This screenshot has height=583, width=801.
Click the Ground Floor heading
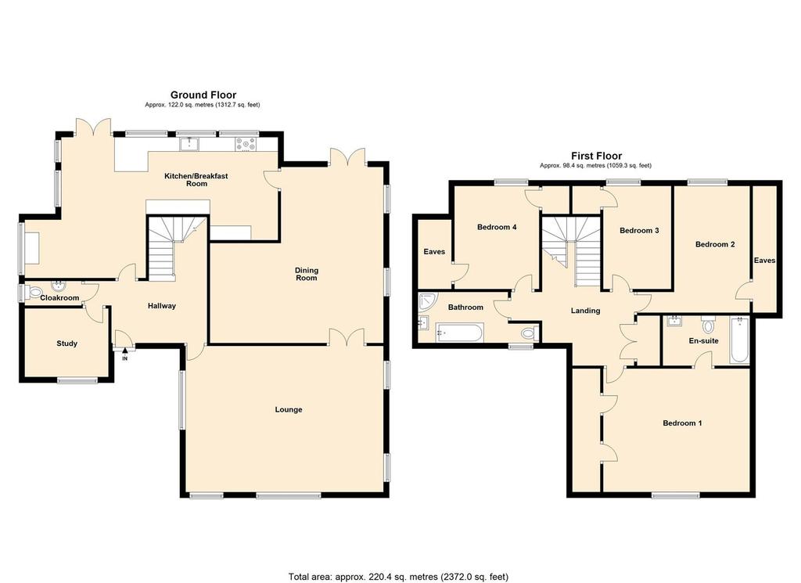pyautogui.click(x=203, y=95)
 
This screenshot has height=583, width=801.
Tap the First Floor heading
pyautogui.click(x=597, y=156)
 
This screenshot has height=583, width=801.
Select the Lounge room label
pyautogui.click(x=289, y=409)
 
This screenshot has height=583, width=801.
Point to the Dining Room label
pyautogui.click(x=307, y=274)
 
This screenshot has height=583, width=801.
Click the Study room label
pyautogui.click(x=67, y=344)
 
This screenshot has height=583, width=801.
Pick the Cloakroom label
pyautogui.click(x=59, y=298)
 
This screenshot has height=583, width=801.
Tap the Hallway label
pyautogui.click(x=162, y=306)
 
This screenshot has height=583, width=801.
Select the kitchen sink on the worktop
pyautogui.click(x=189, y=144)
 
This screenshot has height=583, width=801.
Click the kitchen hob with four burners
pyautogui.click(x=246, y=145)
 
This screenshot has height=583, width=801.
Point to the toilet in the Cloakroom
pyautogui.click(x=34, y=293)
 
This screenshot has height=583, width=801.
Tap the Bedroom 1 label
pyautogui.click(x=682, y=423)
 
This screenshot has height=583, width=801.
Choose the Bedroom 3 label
pyautogui.click(x=639, y=230)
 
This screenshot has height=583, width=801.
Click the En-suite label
pyautogui.click(x=704, y=341)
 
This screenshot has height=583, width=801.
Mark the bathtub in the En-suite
pyautogui.click(x=739, y=340)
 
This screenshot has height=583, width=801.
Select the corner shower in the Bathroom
pyautogui.click(x=426, y=301)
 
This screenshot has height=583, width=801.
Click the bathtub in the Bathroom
pyautogui.click(x=458, y=333)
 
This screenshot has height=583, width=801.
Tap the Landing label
pyautogui.click(x=585, y=311)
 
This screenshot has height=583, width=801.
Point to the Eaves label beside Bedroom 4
pyautogui.click(x=434, y=251)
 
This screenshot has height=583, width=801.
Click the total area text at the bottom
pyautogui.click(x=398, y=577)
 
